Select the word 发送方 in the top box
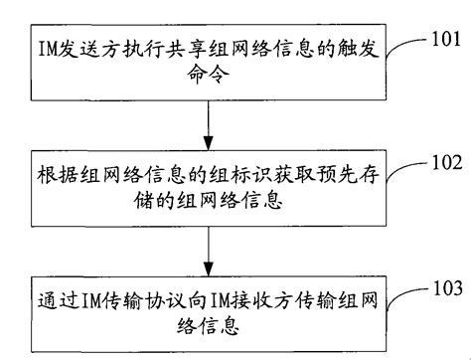coord(86,47)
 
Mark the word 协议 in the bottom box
coord(156,294)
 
